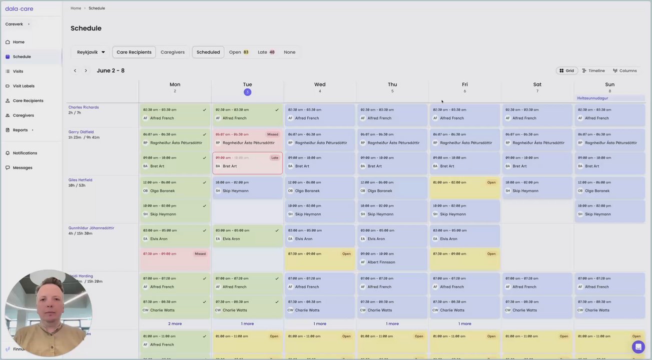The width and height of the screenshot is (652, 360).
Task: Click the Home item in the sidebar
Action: click(x=19, y=42)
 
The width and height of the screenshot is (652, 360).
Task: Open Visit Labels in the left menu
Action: click(x=24, y=86)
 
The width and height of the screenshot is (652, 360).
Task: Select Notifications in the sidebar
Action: click(x=25, y=153)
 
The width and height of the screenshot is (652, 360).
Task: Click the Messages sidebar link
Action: click(x=23, y=167)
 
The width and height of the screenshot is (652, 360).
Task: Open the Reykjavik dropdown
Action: click(x=91, y=52)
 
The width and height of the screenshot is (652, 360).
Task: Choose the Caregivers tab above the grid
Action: click(x=173, y=52)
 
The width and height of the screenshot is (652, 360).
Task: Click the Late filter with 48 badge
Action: click(x=266, y=52)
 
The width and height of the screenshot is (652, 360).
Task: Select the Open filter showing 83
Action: click(x=238, y=52)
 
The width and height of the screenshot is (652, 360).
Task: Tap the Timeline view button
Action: click(x=593, y=70)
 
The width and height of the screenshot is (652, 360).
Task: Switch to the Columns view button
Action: click(x=625, y=70)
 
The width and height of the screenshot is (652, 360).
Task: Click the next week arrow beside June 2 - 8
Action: click(x=86, y=70)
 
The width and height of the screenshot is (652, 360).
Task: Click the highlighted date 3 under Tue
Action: click(x=247, y=92)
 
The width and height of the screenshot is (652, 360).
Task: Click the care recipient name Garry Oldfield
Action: click(x=81, y=132)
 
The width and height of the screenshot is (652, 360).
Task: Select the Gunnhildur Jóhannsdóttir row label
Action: click(x=92, y=228)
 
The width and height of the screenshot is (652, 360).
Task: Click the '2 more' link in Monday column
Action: click(x=175, y=323)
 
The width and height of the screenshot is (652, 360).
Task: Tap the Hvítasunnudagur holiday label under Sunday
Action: click(x=592, y=98)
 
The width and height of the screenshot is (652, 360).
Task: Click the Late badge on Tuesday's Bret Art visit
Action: click(x=275, y=157)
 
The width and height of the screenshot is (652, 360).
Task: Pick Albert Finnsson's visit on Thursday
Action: click(x=392, y=258)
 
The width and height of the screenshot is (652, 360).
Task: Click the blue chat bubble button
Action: click(x=638, y=346)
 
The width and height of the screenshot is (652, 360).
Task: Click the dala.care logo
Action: click(x=19, y=8)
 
